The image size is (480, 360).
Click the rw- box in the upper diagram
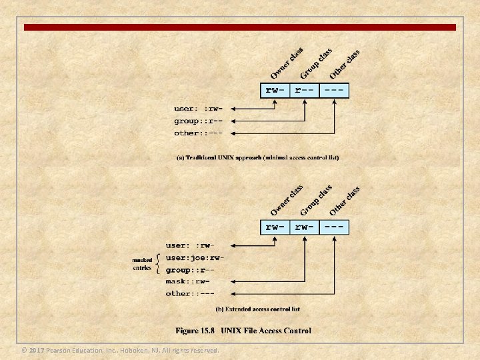click(x=275, y=90)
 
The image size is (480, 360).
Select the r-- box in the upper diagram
click(x=305, y=90)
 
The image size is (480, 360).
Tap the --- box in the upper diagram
click(x=335, y=90)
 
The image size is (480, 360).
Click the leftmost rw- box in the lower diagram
click(x=275, y=227)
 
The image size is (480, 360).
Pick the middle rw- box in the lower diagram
click(x=305, y=227)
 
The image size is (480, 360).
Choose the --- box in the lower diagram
click(x=335, y=227)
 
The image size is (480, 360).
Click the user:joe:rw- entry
click(x=195, y=258)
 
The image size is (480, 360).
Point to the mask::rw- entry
click(x=191, y=281)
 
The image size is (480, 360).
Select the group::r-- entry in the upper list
click(x=198, y=121)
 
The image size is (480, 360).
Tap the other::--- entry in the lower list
click(x=191, y=293)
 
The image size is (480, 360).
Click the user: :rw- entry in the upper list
click(x=198, y=109)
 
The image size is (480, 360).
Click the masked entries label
click(x=142, y=264)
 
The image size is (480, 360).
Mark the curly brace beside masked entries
click(x=157, y=263)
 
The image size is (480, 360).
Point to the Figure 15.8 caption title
click(x=243, y=331)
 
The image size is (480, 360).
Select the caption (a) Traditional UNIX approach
click(x=257, y=158)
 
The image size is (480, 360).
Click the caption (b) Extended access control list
click(x=257, y=309)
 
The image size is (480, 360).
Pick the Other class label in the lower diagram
click(x=345, y=201)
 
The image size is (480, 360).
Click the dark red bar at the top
click(x=240, y=28)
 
